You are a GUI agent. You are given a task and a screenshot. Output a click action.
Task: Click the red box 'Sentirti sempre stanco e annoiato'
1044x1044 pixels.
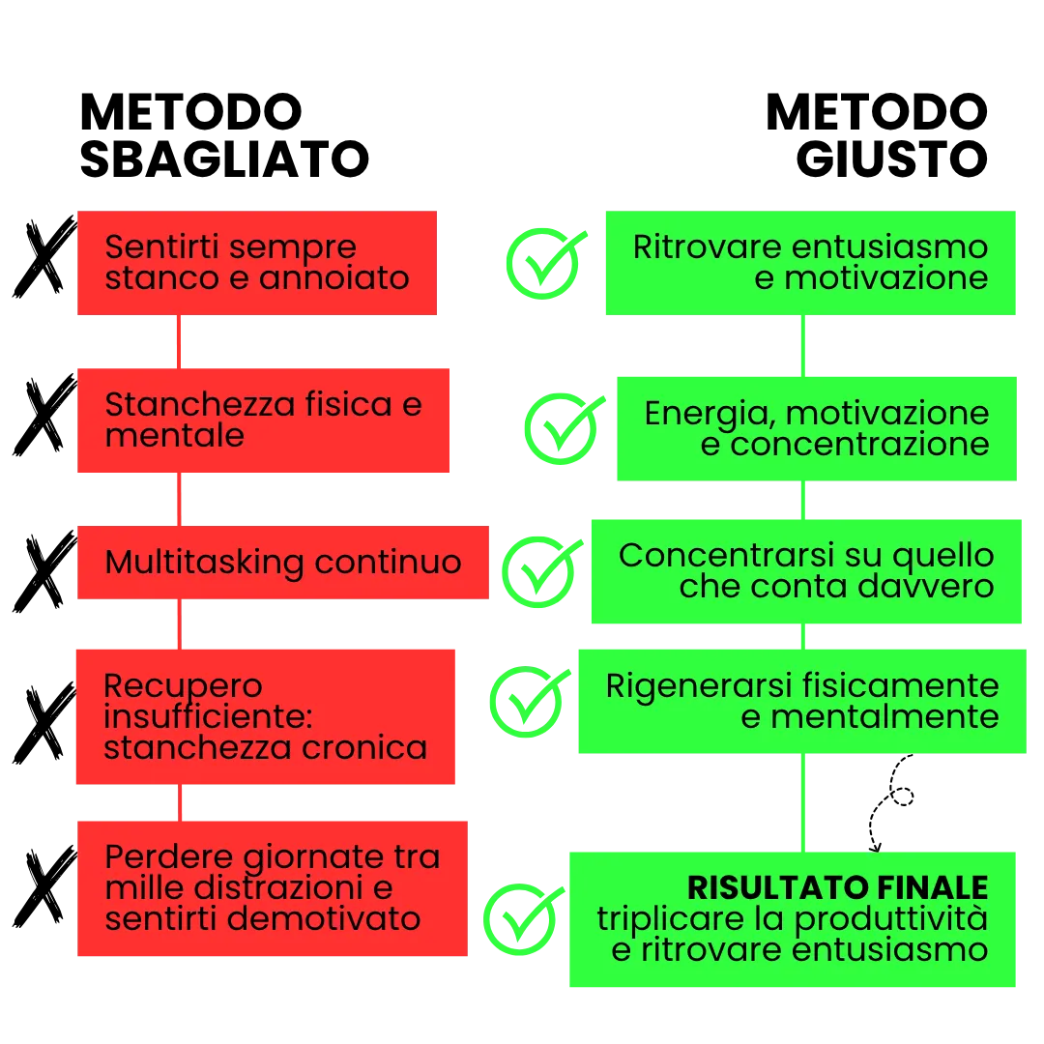258,263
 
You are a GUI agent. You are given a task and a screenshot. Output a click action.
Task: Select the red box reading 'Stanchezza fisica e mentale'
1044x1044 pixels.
265,420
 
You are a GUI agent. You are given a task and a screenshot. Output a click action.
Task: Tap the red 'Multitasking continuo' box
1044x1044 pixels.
284,563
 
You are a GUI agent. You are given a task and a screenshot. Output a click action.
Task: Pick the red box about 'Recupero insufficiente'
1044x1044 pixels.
263,716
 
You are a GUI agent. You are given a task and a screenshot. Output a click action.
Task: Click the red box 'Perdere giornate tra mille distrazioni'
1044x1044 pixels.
274,888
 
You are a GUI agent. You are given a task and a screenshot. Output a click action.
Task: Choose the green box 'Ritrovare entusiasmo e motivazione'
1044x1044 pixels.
811,263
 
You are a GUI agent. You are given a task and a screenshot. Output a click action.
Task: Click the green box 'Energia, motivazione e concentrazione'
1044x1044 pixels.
817,428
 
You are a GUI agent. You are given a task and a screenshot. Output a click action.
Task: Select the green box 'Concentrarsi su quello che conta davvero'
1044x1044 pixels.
806,571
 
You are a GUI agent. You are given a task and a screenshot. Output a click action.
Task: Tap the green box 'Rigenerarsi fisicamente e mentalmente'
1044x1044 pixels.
801,701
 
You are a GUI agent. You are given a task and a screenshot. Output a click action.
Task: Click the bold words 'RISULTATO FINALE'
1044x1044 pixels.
837,887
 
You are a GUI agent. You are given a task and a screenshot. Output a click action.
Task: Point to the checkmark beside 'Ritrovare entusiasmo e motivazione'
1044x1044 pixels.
544,262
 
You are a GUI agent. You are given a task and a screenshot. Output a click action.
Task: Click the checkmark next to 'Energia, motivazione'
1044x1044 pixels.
561,428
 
